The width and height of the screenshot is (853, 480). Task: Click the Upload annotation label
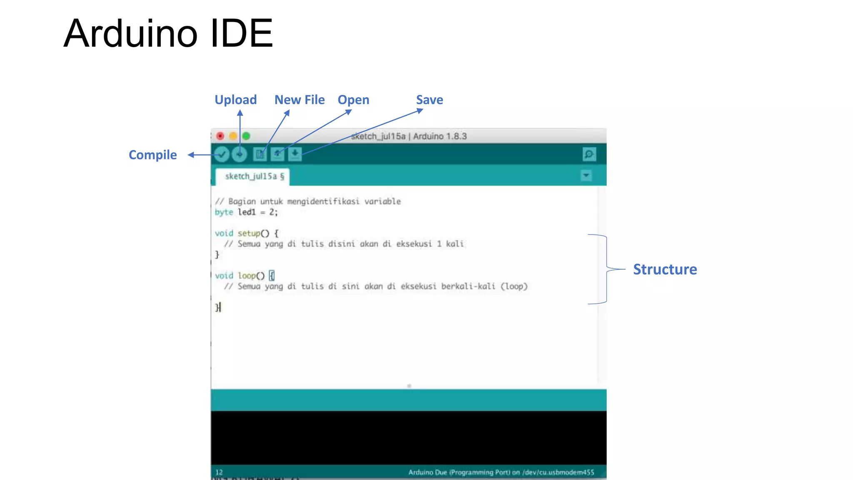pos(235,100)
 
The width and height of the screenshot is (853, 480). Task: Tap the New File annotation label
pos(299,100)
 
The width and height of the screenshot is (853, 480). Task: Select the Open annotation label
pos(353,100)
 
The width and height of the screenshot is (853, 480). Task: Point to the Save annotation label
pos(429,100)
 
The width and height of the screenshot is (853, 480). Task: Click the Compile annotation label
pos(152,155)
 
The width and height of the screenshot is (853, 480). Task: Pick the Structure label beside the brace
pos(665,270)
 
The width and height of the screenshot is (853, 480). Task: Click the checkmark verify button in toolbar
pos(222,155)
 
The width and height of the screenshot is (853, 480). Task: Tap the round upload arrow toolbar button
pos(239,155)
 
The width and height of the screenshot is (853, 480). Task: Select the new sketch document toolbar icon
pos(259,155)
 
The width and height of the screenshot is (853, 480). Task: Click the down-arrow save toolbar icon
pos(294,154)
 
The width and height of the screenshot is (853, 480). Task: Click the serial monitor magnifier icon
pos(589,154)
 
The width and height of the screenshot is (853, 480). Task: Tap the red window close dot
pos(220,136)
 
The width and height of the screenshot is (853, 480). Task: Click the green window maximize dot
pos(246,136)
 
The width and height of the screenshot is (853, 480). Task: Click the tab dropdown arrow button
pos(586,176)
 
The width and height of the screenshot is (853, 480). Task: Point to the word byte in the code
pos(224,212)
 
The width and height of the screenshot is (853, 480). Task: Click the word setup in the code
pos(249,233)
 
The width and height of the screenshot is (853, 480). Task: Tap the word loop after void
pos(247,276)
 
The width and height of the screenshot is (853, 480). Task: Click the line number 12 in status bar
pos(219,472)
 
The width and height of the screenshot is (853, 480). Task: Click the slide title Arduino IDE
pos(168,33)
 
